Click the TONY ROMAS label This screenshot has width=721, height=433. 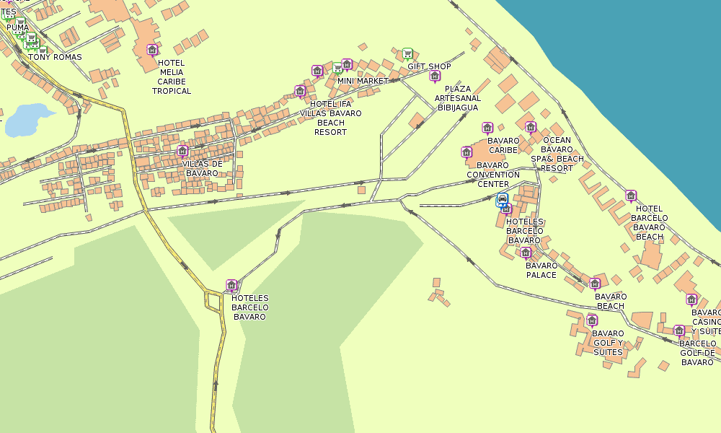pos(55,57)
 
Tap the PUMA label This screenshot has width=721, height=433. pos(17,28)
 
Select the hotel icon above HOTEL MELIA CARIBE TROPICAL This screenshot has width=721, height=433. pos(152,49)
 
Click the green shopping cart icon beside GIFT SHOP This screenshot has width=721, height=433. pos(407,53)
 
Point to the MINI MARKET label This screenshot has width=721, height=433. pos(363,81)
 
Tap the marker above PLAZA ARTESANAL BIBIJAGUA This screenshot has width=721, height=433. pos(434,76)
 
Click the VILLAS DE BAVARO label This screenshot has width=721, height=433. pos(202,168)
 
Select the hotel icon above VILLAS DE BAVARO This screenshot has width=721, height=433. pos(182,151)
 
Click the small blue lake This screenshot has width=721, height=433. pos(27,118)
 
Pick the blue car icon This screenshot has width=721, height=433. pos(503,199)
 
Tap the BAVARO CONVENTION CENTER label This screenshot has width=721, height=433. pos(493,175)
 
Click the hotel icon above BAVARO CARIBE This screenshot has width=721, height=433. pos(487,128)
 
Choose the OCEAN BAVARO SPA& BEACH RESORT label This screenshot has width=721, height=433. pos(557,154)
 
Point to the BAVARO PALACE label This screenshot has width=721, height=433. pos(541,270)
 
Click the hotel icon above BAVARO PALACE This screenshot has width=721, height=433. pos(526,252)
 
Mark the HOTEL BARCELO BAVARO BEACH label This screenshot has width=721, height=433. pos(649,222)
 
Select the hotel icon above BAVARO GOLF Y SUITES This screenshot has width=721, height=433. pos(592,320)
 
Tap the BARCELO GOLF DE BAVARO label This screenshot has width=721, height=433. pos(697,353)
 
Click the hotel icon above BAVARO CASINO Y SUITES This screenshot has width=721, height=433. pos(691,299)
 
